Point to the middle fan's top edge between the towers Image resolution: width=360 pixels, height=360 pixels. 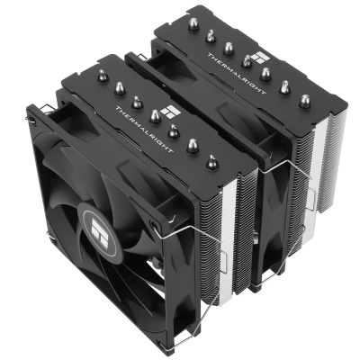(x=180, y=76)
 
